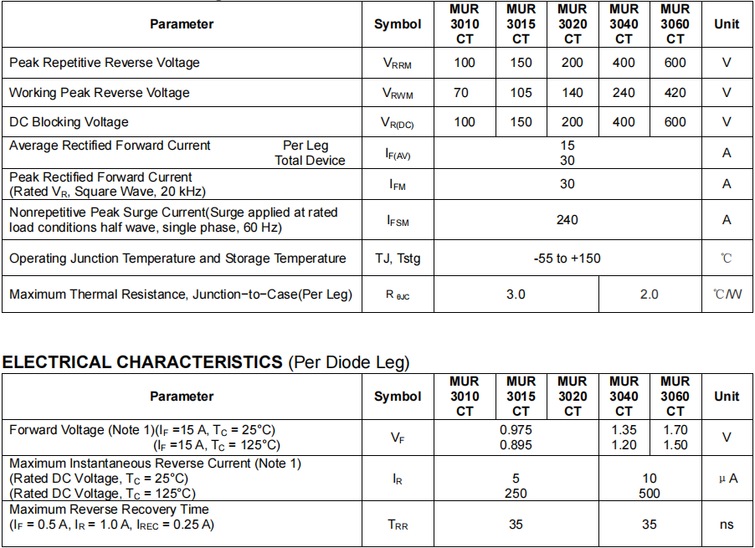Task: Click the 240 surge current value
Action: point(568,220)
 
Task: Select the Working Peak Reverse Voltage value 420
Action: point(675,93)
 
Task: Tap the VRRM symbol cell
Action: point(397,64)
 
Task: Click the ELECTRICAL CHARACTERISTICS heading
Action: point(142,362)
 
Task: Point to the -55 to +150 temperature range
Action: point(568,259)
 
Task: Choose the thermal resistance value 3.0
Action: point(516,294)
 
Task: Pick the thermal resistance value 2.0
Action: point(649,294)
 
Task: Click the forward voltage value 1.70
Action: point(675,430)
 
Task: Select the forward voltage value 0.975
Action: point(516,430)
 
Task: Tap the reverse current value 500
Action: point(649,494)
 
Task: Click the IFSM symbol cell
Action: point(398,221)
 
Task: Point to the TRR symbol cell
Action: point(398,525)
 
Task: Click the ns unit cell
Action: point(727,525)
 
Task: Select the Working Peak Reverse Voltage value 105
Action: point(521,93)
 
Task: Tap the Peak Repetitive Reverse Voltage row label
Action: point(105,63)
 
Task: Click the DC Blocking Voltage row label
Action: point(69,122)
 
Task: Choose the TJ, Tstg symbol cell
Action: point(398,259)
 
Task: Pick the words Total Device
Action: point(310,161)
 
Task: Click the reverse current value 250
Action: point(516,494)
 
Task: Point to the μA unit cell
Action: point(727,479)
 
